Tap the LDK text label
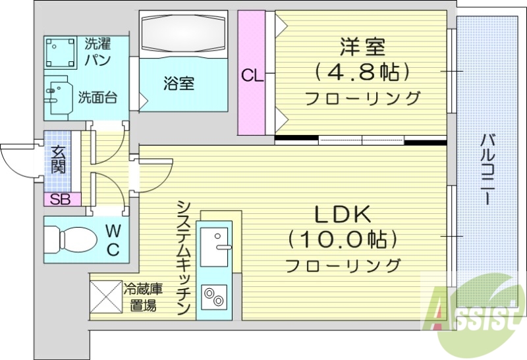click(x=343, y=215)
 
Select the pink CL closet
click(x=251, y=74)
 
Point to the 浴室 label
click(x=179, y=84)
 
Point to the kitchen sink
click(x=214, y=245)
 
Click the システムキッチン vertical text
click(x=184, y=257)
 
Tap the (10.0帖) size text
click(x=342, y=240)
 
